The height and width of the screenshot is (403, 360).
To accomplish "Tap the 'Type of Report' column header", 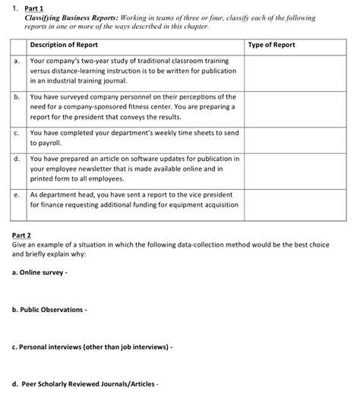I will pos(272,45).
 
